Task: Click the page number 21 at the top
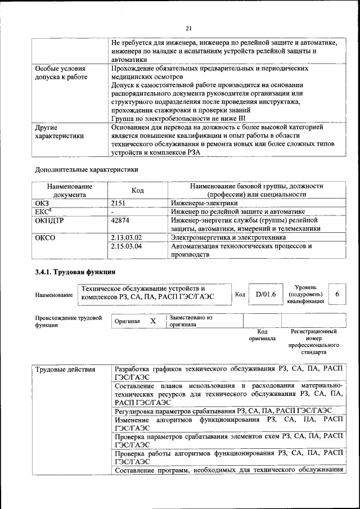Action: tap(188, 29)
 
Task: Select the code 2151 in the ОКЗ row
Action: tap(118, 202)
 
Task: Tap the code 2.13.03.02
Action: tap(127, 237)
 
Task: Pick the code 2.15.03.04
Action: tap(127, 246)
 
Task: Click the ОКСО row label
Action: tap(46, 237)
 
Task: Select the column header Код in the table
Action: tap(138, 191)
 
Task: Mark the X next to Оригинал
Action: tap(152, 321)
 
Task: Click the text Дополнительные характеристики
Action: tap(86, 169)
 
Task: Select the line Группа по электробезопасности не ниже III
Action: tap(178, 119)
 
